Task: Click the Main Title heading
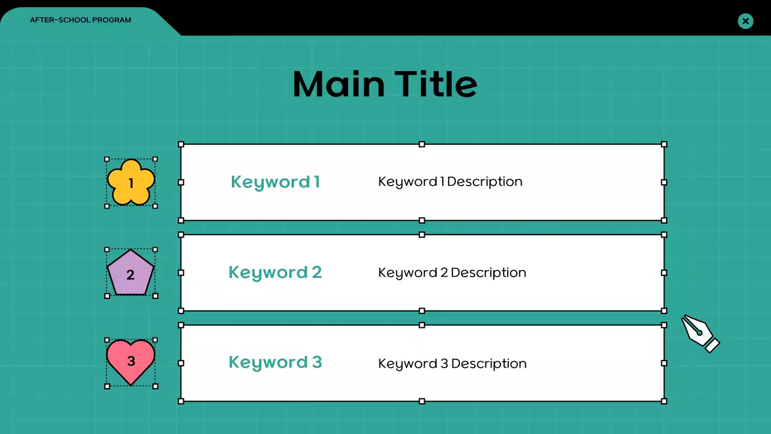coord(385,84)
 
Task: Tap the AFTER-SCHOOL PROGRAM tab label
coord(81,20)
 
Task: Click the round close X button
coord(746,21)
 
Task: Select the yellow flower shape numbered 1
coord(131,182)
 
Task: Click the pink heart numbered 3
coord(131,362)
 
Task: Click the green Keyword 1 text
coord(275,181)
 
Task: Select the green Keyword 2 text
coord(275,272)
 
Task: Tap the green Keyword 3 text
coord(275,362)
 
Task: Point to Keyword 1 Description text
coord(450,181)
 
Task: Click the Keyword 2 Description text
coord(452,272)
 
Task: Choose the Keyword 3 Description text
coord(452,363)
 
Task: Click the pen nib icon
coord(700,333)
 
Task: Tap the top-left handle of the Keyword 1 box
coord(181,144)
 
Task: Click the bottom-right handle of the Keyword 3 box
coord(664,401)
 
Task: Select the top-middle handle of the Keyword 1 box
coord(422,144)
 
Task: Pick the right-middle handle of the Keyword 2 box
coord(664,272)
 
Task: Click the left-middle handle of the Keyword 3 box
coord(181,363)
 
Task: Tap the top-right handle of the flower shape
coord(155,159)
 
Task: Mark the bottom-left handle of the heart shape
coord(107,386)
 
